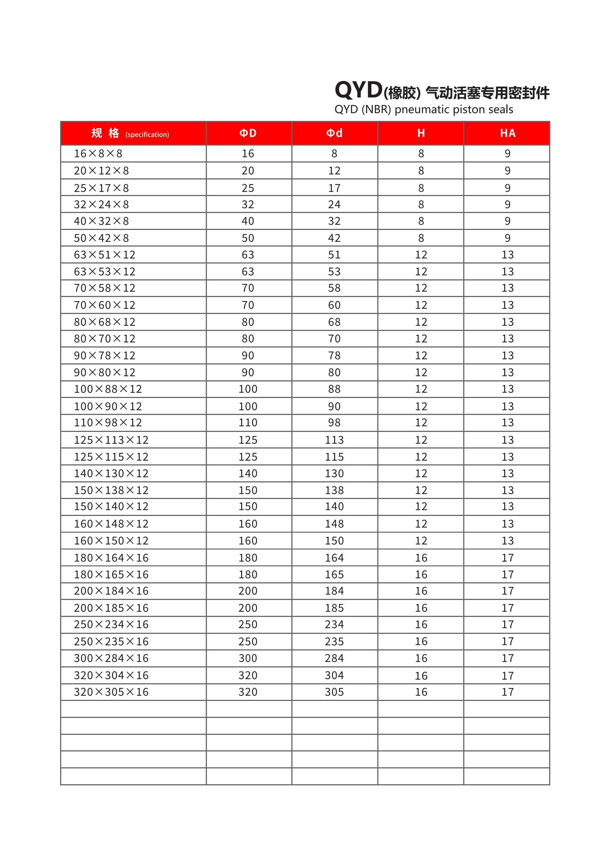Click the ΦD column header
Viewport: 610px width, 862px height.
pyautogui.click(x=248, y=133)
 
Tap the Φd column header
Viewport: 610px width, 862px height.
pyautogui.click(x=334, y=133)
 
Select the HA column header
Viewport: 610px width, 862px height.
pyautogui.click(x=507, y=133)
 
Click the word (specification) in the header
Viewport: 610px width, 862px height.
pyautogui.click(x=147, y=135)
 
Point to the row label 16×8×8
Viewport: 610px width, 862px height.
pyautogui.click(x=98, y=154)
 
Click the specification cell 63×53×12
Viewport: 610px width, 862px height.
pyautogui.click(x=104, y=272)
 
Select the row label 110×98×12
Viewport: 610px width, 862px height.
pyautogui.click(x=108, y=423)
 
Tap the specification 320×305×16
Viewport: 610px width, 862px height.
pyautogui.click(x=111, y=692)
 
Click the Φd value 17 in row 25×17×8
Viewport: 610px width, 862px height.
pyautogui.click(x=334, y=188)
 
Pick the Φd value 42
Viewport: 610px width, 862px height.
pyautogui.click(x=334, y=238)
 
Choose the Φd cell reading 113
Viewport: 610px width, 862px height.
pyautogui.click(x=334, y=440)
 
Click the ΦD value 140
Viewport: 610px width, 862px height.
pyautogui.click(x=248, y=474)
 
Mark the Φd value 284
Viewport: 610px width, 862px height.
pyautogui.click(x=334, y=658)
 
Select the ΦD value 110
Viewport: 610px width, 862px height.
pyautogui.click(x=248, y=423)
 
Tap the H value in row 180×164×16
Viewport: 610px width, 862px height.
pyautogui.click(x=421, y=558)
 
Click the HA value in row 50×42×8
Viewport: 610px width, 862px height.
pyautogui.click(x=507, y=238)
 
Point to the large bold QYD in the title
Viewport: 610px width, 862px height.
pyautogui.click(x=358, y=91)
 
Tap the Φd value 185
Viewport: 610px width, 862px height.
pyautogui.click(x=334, y=608)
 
